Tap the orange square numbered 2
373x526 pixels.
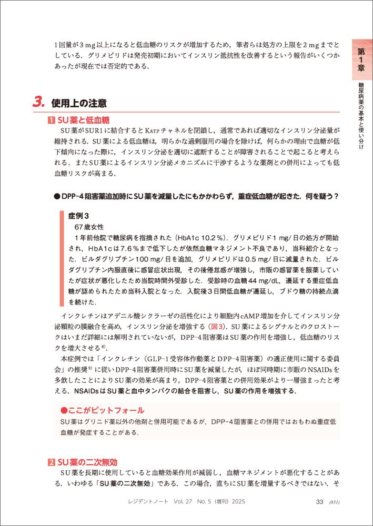click(51, 462)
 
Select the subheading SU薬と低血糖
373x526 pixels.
click(86, 120)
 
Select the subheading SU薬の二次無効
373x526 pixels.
click(86, 462)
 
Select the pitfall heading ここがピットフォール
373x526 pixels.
click(103, 410)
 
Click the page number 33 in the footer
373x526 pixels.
click(319, 501)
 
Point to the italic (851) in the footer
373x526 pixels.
click(335, 502)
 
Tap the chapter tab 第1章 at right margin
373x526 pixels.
click(361, 59)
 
